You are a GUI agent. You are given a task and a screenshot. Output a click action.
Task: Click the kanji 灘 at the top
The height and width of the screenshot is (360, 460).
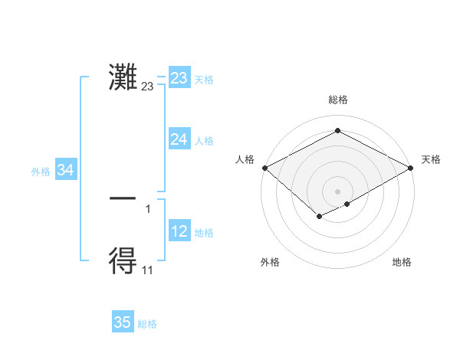coord(123,77)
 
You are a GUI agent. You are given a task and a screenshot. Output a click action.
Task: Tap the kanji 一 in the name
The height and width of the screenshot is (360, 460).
coord(123,198)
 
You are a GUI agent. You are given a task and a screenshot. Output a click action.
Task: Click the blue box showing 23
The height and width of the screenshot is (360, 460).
coord(179,78)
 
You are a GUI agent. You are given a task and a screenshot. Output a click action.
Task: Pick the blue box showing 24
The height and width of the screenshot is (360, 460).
coord(179,139)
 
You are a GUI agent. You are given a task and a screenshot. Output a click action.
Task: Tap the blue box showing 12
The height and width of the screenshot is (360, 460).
coord(179,231)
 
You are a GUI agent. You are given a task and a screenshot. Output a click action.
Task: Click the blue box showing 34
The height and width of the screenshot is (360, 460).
coord(66,171)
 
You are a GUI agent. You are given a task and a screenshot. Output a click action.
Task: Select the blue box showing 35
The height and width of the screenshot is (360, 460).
coord(123,322)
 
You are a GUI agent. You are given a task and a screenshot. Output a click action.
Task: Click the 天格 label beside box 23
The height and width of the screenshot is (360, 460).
coord(204,80)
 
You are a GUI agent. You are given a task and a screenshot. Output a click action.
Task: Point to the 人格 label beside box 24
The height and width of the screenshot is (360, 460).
coord(204,141)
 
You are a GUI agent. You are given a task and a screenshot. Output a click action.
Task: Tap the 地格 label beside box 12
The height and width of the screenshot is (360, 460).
coord(204,233)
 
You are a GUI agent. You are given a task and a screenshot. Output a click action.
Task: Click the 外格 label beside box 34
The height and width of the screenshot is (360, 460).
coord(41,172)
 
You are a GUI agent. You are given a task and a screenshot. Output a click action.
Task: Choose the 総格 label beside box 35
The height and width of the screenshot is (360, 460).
coord(147,324)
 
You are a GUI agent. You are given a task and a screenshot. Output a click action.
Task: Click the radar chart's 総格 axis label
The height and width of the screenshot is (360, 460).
coord(338,100)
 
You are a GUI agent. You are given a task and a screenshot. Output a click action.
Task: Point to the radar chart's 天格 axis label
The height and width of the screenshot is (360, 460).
coord(431,159)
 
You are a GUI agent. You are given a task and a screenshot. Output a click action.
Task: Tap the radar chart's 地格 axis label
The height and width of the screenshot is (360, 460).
coord(402,262)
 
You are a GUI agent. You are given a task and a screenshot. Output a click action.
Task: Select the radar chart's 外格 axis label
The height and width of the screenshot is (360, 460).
coord(270,262)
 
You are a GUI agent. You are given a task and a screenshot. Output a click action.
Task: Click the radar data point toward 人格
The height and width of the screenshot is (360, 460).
coord(264,168)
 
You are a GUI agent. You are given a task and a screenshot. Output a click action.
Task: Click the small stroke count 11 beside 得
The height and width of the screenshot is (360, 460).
coord(148,270)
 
